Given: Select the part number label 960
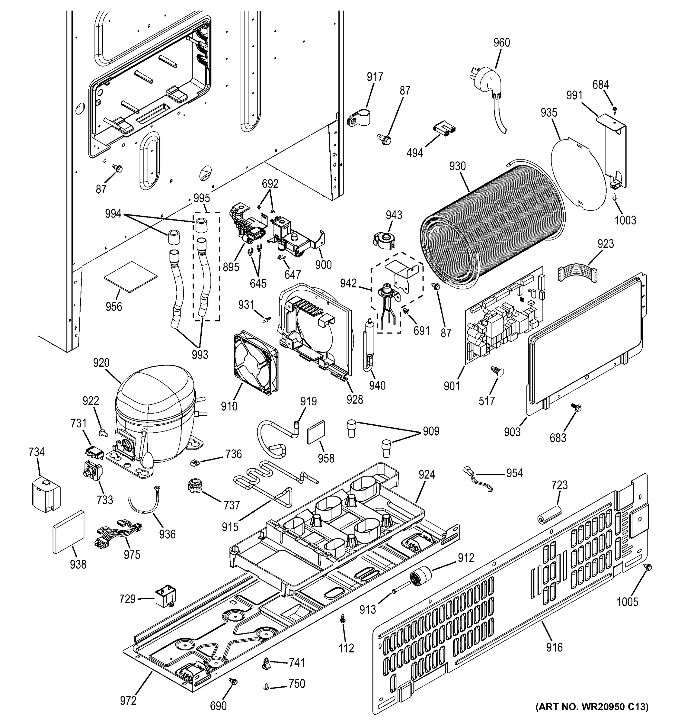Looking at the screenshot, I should (x=501, y=43).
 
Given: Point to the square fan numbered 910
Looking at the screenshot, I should (x=255, y=363).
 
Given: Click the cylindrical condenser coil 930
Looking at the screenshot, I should (x=492, y=226).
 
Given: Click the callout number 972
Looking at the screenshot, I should (x=128, y=701).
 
